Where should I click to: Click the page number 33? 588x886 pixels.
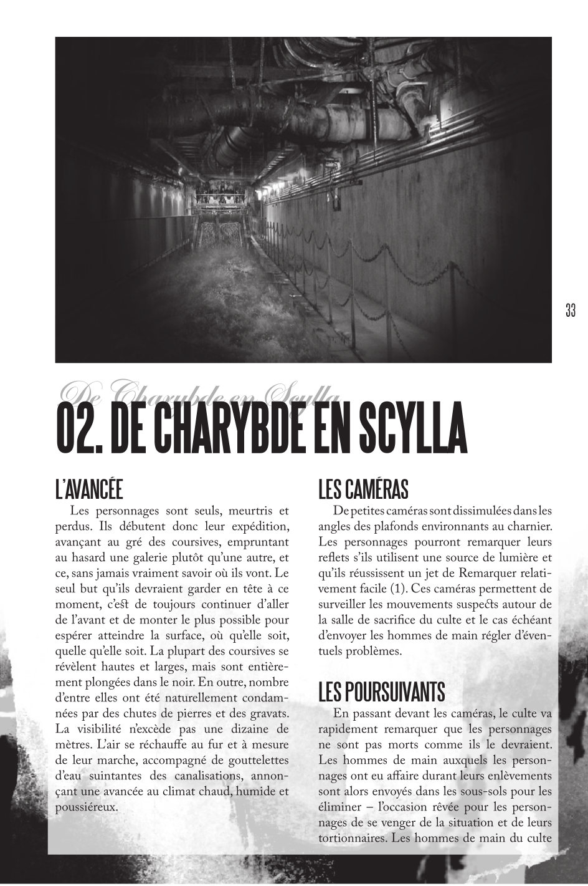pos(570,310)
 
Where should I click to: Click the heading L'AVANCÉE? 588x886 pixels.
pos(88,489)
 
